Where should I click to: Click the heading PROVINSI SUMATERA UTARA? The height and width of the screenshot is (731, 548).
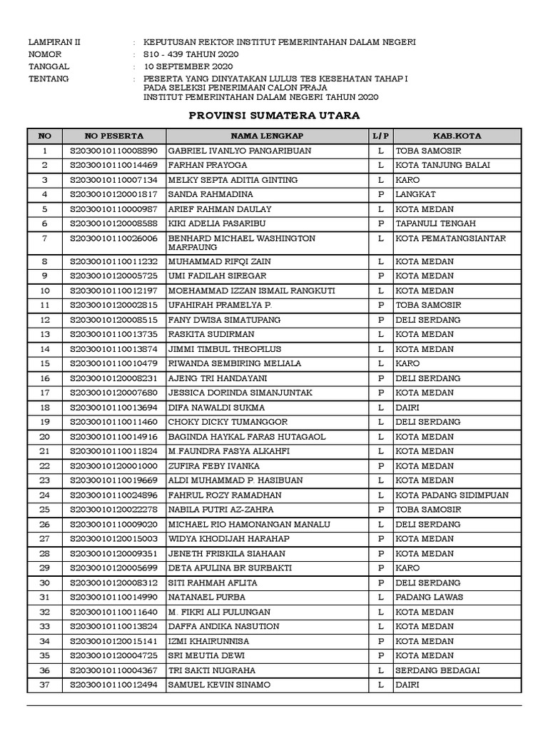273,115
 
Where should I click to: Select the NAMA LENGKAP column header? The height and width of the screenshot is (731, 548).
267,136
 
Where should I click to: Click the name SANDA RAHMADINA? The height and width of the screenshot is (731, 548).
202,194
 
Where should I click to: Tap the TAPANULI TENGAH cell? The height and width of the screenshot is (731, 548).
432,223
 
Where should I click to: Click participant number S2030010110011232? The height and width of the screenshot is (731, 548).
113,262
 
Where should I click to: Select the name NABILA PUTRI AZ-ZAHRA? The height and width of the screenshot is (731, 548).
218,510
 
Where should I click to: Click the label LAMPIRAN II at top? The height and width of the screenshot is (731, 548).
54,42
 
